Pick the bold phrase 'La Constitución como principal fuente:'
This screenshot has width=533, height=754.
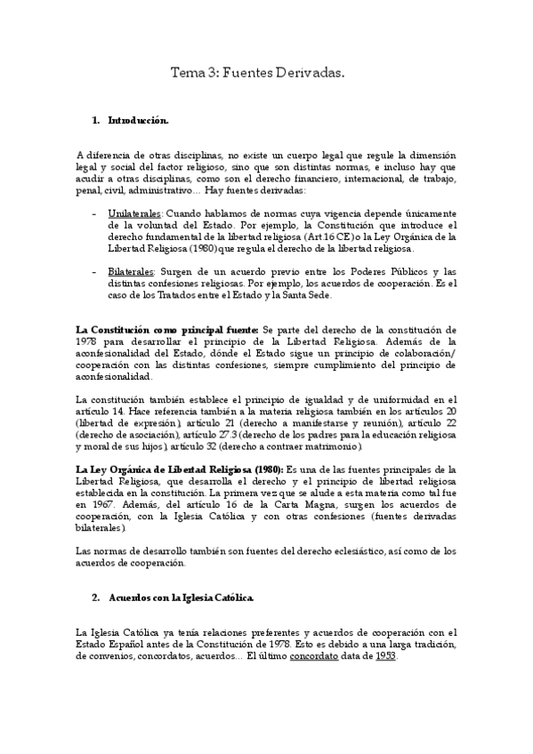point(167,329)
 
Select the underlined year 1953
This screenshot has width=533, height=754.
point(385,655)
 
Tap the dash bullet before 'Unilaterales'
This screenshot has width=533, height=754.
point(95,214)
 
